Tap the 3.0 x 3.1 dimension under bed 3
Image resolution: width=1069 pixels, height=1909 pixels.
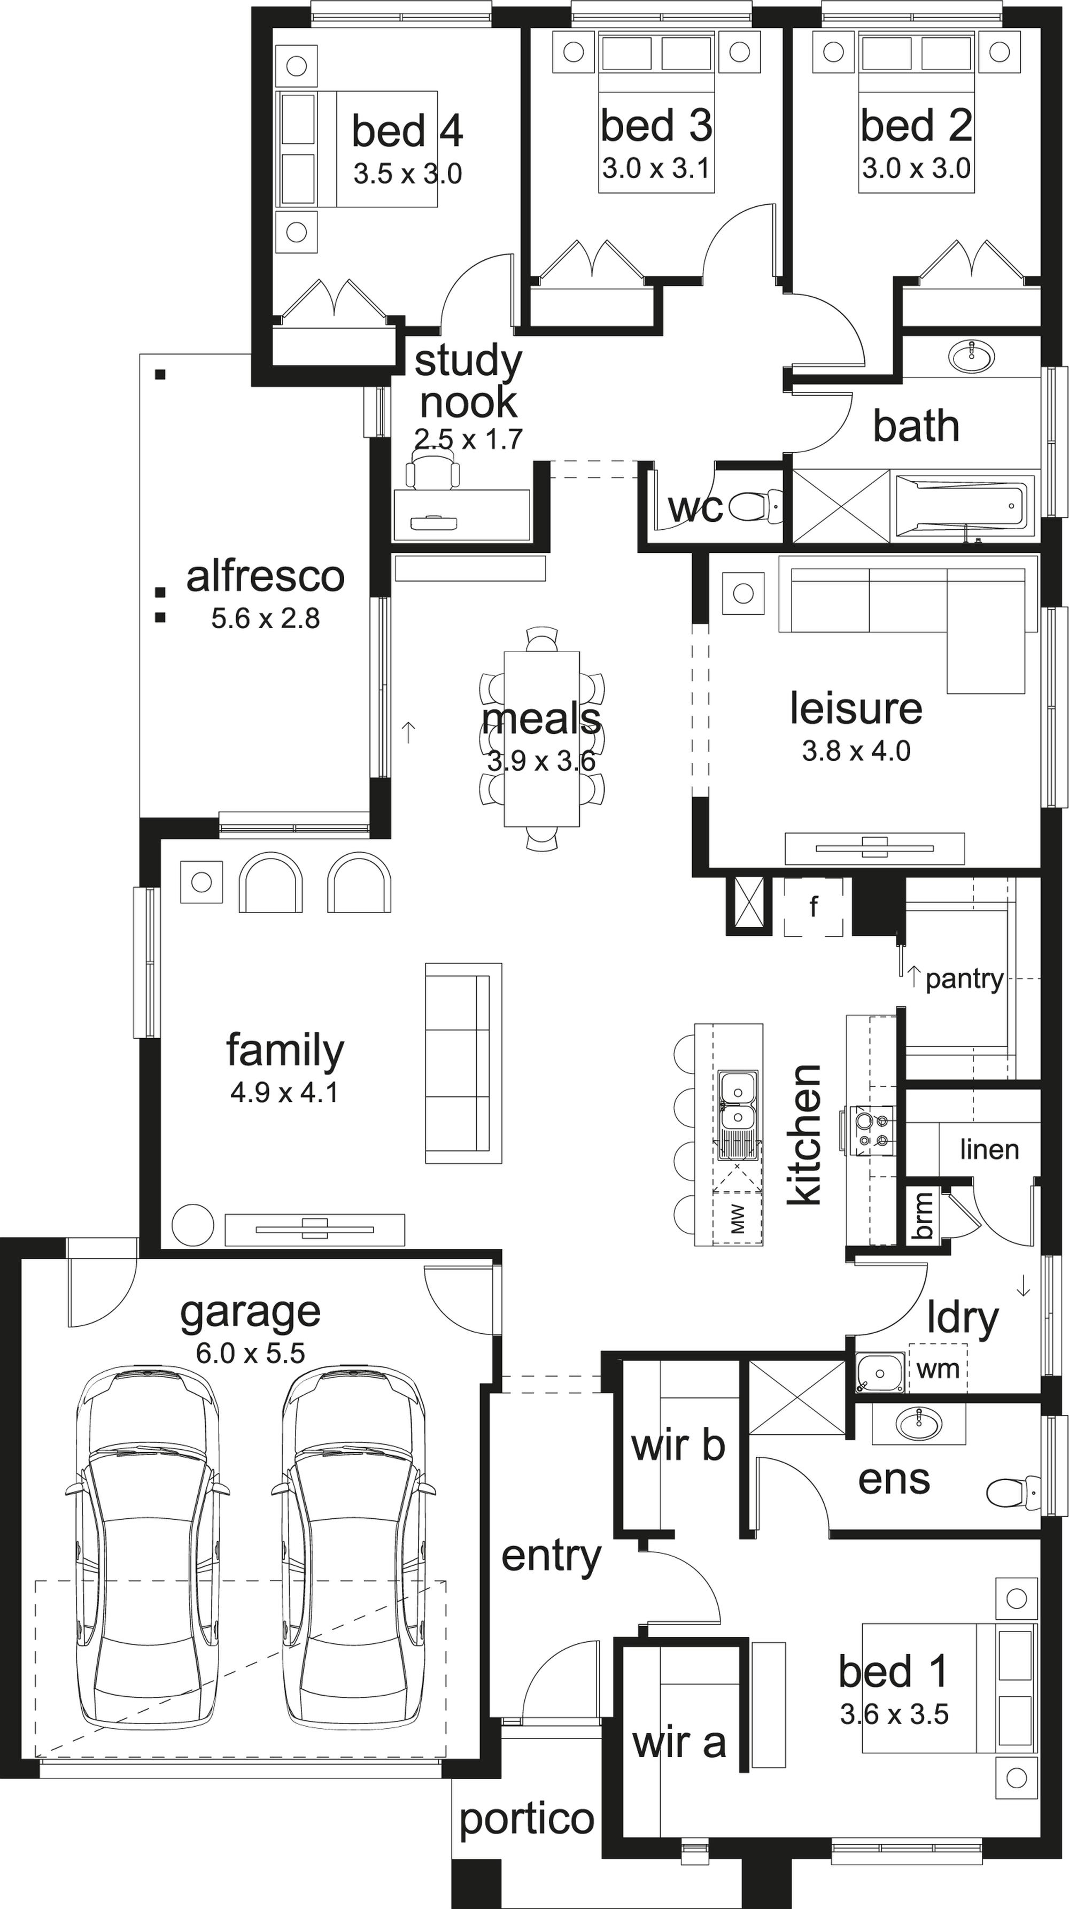[656, 169]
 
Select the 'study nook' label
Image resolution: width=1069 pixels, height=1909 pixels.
[468, 381]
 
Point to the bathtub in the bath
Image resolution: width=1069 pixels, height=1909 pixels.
[964, 506]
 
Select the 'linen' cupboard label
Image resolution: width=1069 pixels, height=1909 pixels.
[989, 1149]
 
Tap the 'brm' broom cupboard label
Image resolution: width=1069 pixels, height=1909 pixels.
[923, 1215]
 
